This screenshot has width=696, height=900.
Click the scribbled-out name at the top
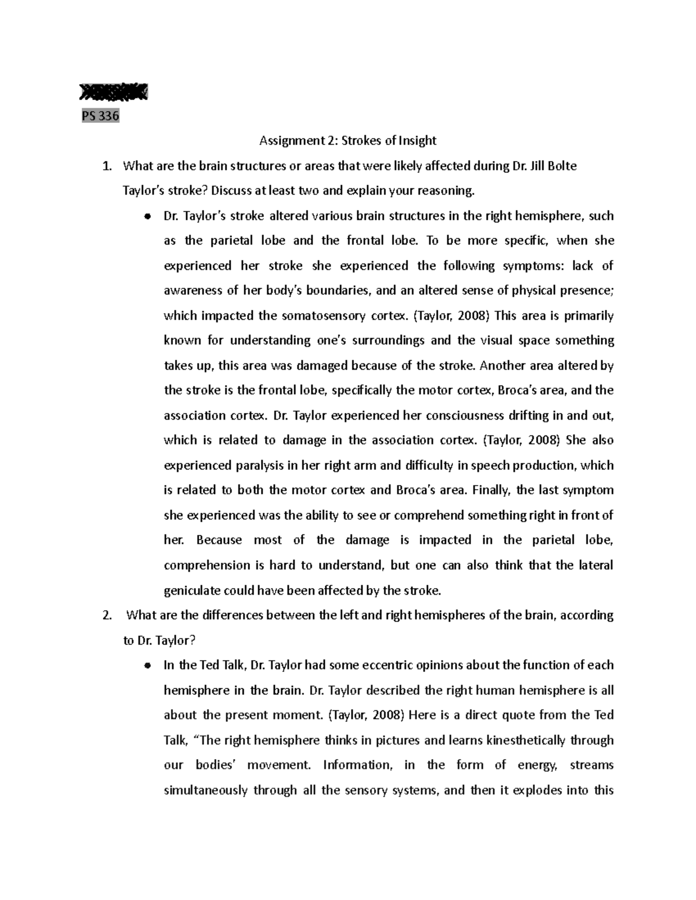(114, 92)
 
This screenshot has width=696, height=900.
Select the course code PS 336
(100, 116)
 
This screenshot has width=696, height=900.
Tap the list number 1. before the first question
(106, 166)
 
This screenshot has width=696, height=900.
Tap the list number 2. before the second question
(106, 615)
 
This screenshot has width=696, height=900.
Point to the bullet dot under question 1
(148, 217)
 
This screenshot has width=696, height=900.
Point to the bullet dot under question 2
(148, 666)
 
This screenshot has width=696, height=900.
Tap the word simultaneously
(205, 790)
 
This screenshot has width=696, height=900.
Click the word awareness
(190, 290)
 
